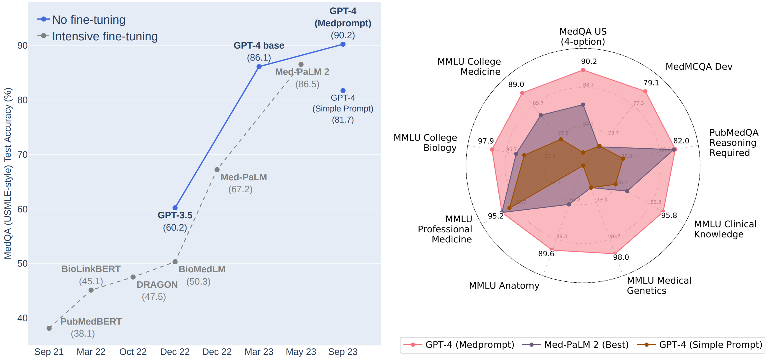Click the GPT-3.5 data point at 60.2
175,208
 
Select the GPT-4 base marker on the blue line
259,66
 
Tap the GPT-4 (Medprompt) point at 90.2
343,44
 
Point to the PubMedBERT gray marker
49,328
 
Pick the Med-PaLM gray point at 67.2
217,170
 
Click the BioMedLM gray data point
175,262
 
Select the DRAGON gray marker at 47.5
133,277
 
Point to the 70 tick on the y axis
23,155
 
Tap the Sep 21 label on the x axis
49,352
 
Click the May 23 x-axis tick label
301,352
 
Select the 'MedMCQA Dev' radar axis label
699,66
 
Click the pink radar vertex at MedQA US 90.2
583,70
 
